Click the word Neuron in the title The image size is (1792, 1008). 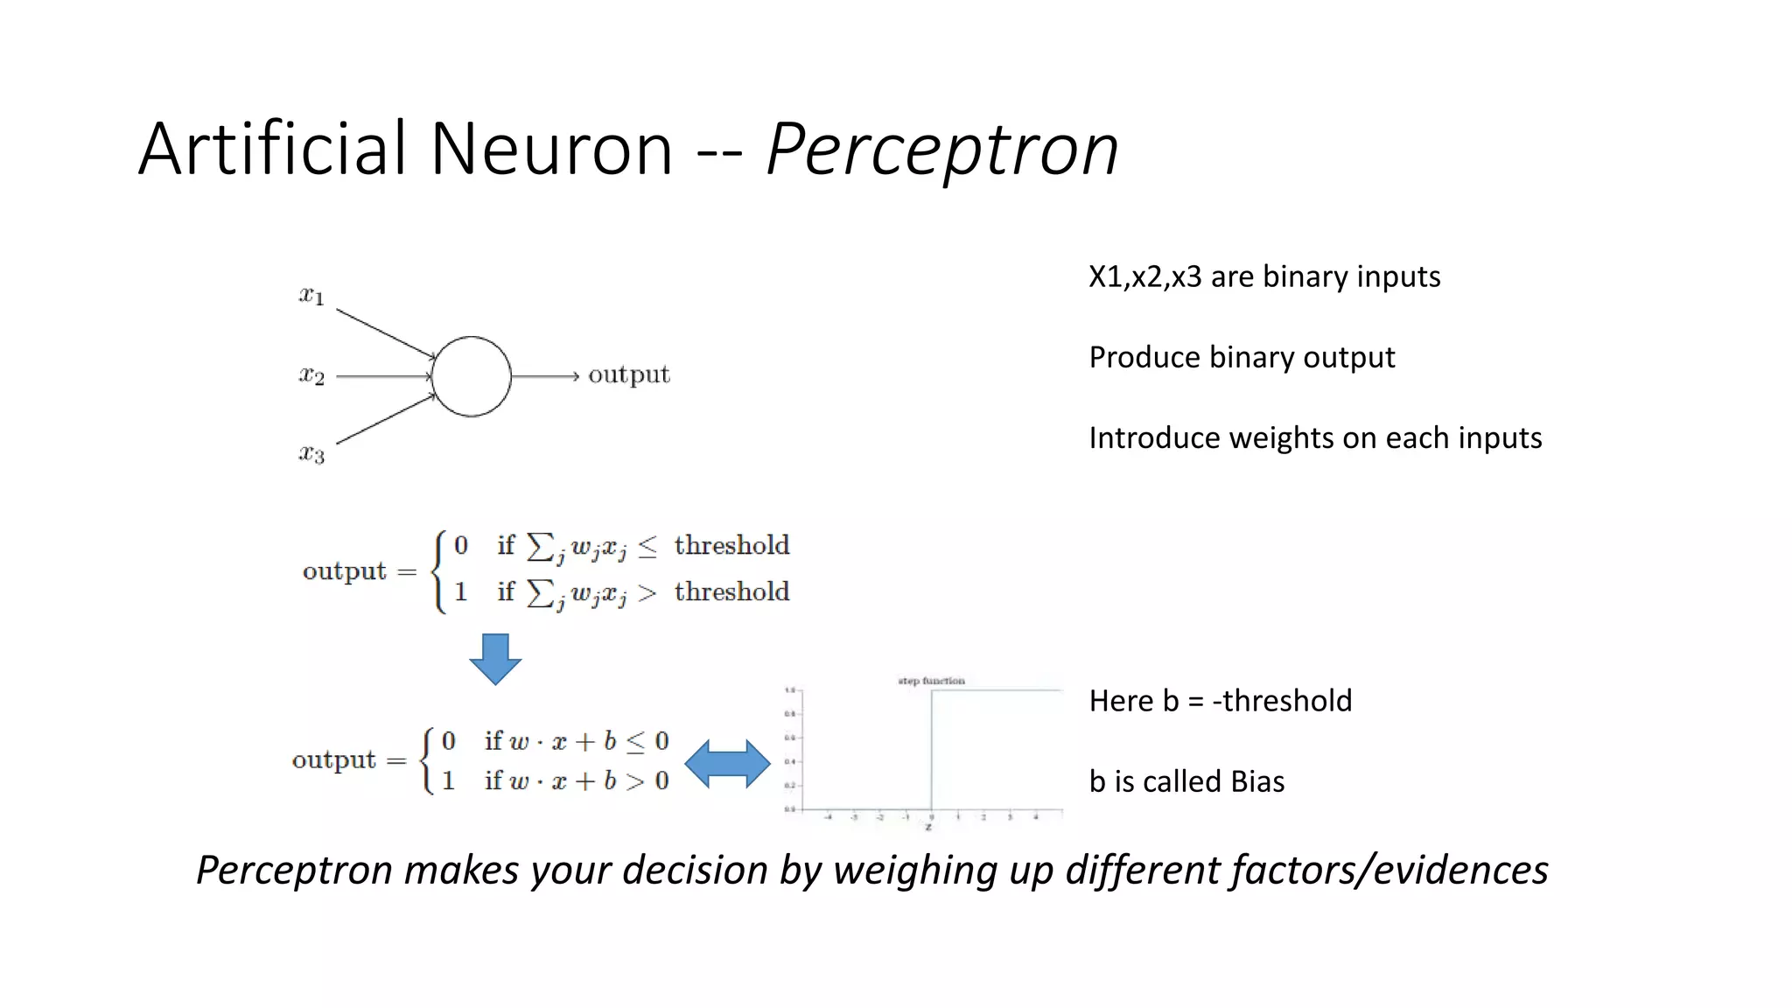551,149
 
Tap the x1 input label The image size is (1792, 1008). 311,296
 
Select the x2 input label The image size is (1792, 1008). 311,375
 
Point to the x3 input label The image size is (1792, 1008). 311,453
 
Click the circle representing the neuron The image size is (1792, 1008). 471,376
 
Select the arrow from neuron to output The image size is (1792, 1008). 544,376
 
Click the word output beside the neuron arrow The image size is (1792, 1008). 628,374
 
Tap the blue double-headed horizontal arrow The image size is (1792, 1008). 727,764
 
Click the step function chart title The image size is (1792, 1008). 931,681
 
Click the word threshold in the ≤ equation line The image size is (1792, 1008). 731,545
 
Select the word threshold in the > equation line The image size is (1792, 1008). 731,591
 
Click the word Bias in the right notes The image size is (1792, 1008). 1257,780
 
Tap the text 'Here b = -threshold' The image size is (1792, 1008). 1220,701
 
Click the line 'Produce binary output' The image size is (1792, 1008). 1241,357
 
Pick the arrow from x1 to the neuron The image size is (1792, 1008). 385,332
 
